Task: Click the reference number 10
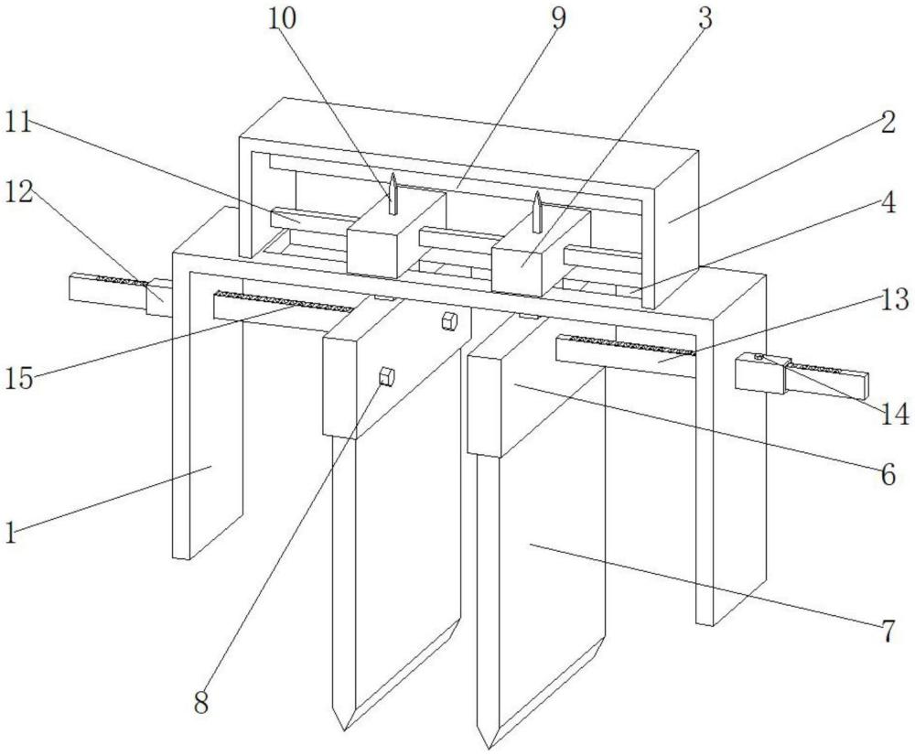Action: (283, 18)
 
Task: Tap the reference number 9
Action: (558, 18)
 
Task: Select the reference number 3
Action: (705, 19)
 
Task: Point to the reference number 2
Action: (888, 124)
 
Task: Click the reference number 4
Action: (888, 204)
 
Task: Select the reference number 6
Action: (888, 475)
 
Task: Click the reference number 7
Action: (888, 632)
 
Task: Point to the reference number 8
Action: (201, 703)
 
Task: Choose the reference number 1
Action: (10, 533)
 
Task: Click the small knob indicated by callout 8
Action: (386, 376)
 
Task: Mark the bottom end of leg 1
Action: (181, 556)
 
